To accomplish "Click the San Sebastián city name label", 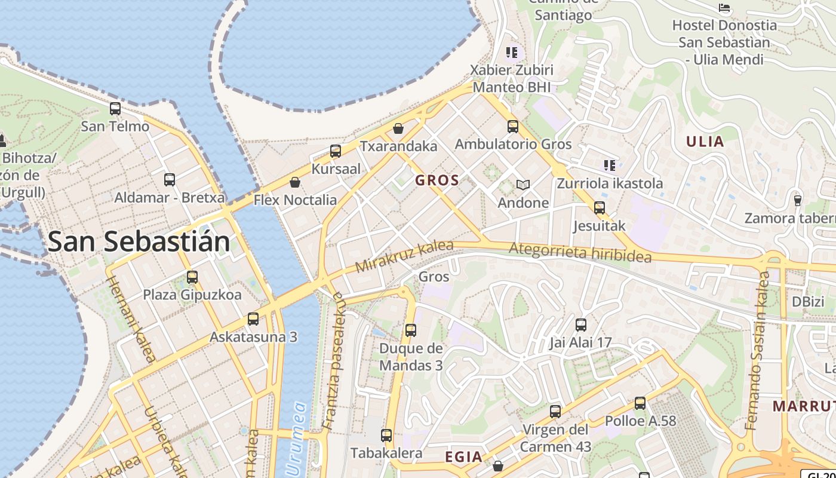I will tap(139, 241).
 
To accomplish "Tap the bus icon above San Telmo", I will tap(115, 109).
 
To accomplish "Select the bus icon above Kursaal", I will tap(336, 151).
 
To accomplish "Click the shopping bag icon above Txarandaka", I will tap(398, 128).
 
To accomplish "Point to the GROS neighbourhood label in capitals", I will tap(437, 180).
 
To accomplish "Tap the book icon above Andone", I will tap(523, 185).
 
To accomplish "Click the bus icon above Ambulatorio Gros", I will tap(513, 127).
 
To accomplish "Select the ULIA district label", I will tap(705, 142).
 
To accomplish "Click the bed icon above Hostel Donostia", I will tap(724, 8).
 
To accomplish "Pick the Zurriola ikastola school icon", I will tap(609, 165).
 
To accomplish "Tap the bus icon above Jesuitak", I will tap(600, 208).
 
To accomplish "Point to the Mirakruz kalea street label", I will tap(404, 256).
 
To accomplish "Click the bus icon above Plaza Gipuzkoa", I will tap(192, 277).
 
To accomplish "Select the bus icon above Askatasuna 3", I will tap(253, 319).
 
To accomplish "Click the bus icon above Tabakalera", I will tap(386, 436).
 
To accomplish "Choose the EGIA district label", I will tap(463, 457).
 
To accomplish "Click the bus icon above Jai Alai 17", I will tap(581, 325).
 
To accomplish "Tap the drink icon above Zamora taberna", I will tap(797, 200).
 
